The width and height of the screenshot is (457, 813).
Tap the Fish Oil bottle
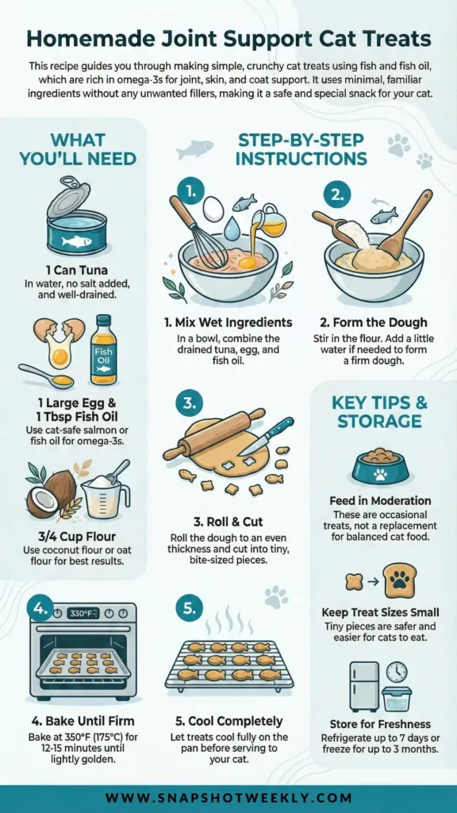click(104, 349)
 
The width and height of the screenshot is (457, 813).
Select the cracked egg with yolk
click(59, 340)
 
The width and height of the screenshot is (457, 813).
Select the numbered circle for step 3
click(190, 403)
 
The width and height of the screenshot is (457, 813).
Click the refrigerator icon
click(363, 686)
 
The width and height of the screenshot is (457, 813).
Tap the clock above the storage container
click(397, 672)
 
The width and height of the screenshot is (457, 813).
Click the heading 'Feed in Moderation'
click(380, 502)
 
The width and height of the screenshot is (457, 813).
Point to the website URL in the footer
click(228, 798)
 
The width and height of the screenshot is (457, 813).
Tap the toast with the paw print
click(400, 580)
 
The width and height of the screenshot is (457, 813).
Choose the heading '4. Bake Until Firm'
click(83, 720)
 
